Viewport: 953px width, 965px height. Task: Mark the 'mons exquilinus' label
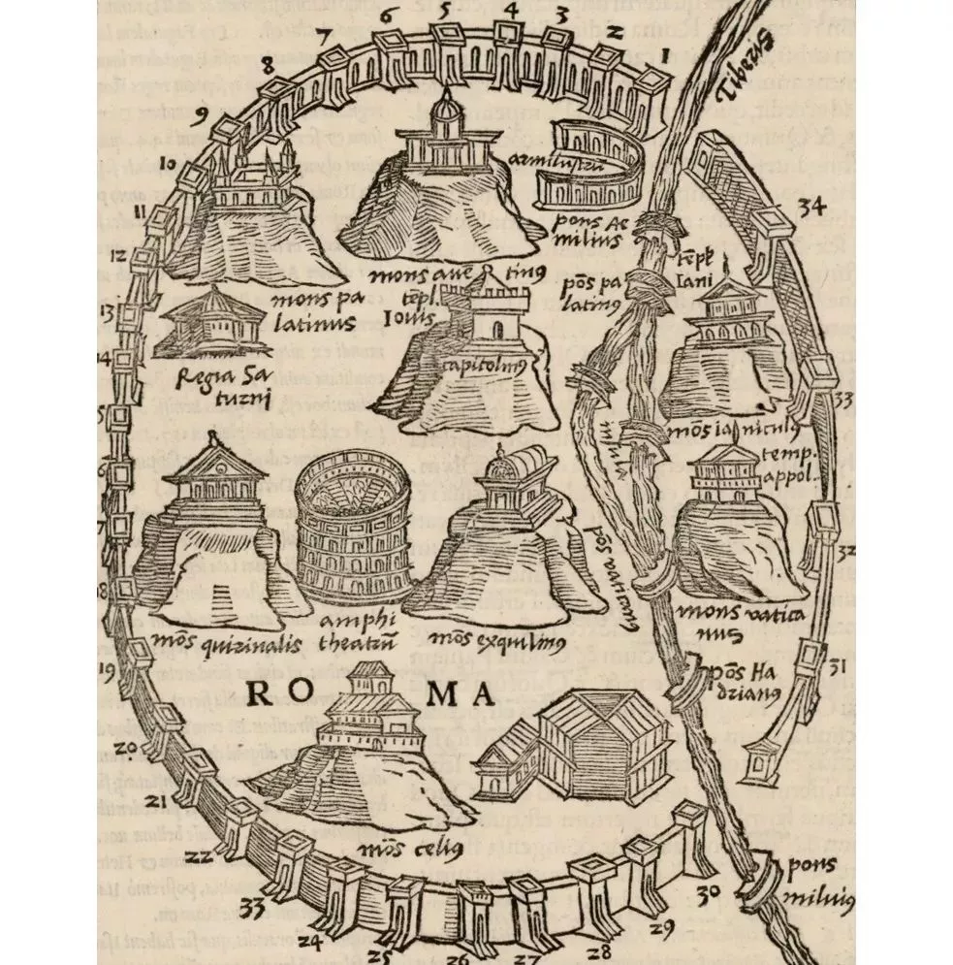pyautogui.click(x=493, y=639)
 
